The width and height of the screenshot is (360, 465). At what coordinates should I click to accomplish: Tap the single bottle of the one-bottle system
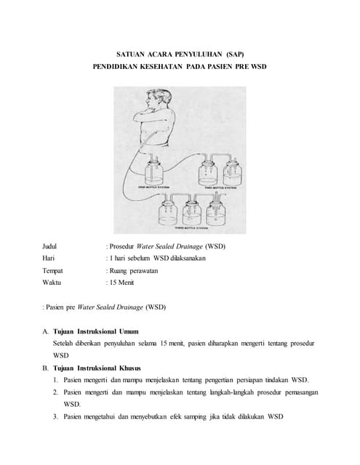click(156, 174)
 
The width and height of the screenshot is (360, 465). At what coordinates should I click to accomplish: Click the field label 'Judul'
click(51, 246)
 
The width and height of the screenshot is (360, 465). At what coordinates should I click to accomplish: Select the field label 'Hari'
click(49, 258)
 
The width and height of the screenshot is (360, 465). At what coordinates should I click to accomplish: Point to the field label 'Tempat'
click(54, 270)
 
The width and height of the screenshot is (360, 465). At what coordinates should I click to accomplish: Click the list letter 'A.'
click(46, 331)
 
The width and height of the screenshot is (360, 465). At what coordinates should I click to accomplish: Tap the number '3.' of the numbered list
click(56, 416)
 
